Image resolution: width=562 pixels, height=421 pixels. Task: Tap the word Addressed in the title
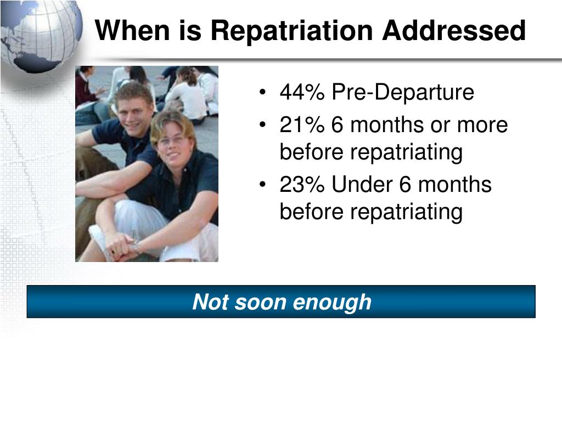455,30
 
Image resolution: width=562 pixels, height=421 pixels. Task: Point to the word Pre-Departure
402,93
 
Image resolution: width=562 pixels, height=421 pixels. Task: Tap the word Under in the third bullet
362,185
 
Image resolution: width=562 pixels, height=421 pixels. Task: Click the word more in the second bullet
484,126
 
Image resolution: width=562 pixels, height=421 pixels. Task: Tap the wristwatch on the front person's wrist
136,248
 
